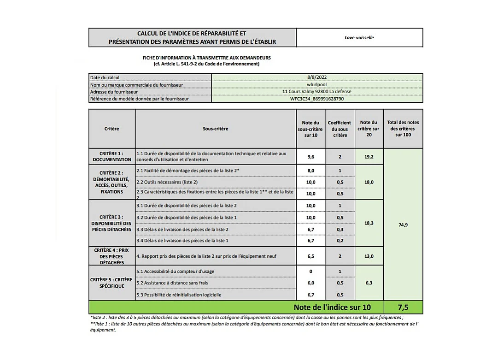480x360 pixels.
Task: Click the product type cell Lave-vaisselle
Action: [359, 37]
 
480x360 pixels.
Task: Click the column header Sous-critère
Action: [215, 129]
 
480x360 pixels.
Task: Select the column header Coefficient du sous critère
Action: [340, 129]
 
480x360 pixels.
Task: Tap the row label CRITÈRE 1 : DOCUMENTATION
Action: [112, 156]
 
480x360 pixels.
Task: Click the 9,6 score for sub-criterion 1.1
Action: [311, 157]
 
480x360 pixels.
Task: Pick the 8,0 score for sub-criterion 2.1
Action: [311, 171]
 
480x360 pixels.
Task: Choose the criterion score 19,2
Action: [369, 157]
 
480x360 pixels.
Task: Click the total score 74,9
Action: [403, 225]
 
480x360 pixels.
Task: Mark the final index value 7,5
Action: [403, 307]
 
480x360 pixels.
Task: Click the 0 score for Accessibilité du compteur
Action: [311, 271]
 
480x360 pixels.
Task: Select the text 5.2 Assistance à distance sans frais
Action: [169, 283]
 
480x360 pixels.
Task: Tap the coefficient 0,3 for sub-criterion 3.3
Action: [340, 229]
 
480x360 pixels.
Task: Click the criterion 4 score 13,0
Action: [369, 256]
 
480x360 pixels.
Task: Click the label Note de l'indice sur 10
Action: [332, 307]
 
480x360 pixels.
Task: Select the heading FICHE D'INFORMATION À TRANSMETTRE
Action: [206, 58]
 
